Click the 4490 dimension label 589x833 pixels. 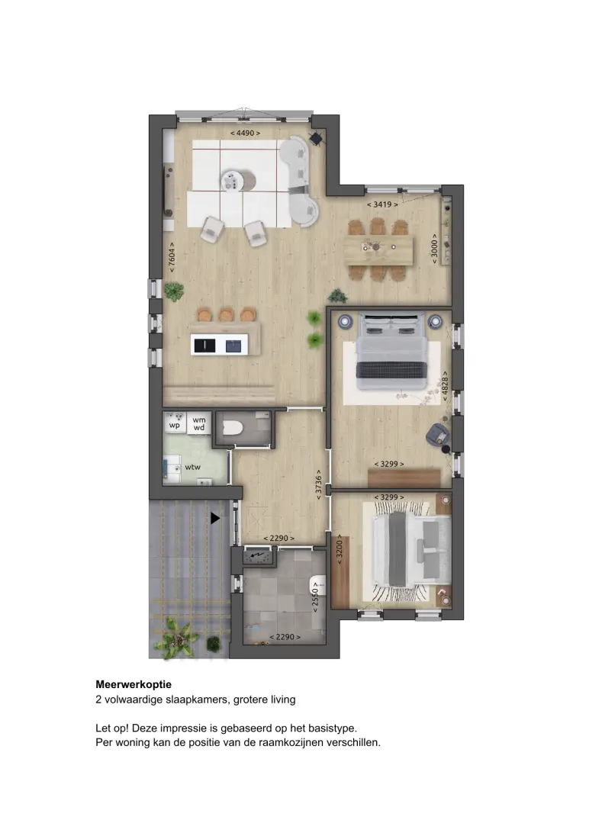pyautogui.click(x=245, y=133)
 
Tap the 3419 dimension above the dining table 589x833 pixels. pyautogui.click(x=382, y=204)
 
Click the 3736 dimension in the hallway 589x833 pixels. pyautogui.click(x=319, y=484)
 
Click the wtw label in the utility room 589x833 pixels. pyautogui.click(x=193, y=467)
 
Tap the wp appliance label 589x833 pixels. pyautogui.click(x=175, y=425)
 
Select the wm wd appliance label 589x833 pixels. pyautogui.click(x=199, y=423)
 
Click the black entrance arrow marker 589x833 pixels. pyautogui.click(x=214, y=518)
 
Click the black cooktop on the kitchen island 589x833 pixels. pyautogui.click(x=204, y=346)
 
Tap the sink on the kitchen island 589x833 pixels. pyautogui.click(x=233, y=346)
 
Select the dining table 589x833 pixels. pyautogui.click(x=378, y=250)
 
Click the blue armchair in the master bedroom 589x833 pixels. pyautogui.click(x=438, y=434)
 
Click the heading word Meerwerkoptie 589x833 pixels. pyautogui.click(x=134, y=684)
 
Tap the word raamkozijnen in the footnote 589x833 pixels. pyautogui.click(x=291, y=742)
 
